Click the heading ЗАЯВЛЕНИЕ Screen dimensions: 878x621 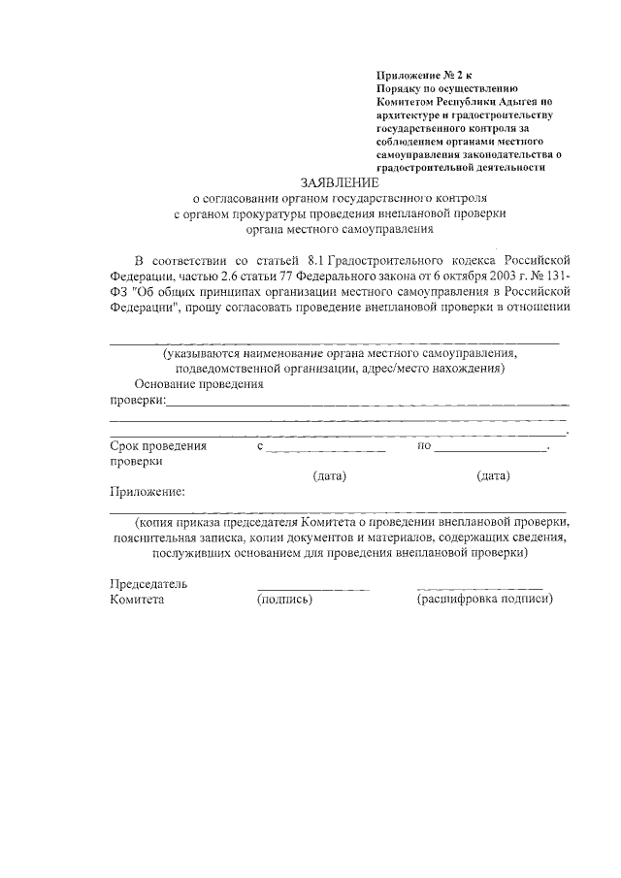340,181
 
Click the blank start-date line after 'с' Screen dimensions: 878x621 327,448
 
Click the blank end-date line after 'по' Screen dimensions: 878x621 491,448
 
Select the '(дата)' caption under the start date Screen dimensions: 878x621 330,475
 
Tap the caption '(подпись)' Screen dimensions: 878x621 284,600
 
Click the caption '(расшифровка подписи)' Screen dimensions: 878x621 484,600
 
